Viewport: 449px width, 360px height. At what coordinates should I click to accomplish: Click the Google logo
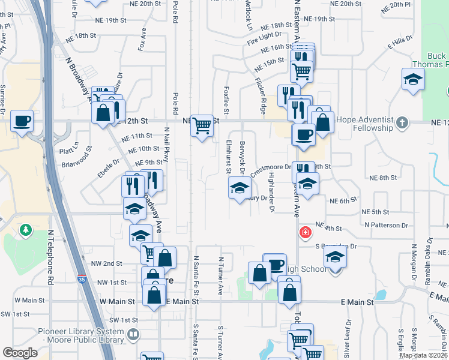20,352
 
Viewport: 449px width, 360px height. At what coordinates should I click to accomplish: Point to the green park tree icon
25,229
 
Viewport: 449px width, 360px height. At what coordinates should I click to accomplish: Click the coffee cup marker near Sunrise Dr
23,122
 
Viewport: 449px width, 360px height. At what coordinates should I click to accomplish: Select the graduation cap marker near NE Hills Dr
413,80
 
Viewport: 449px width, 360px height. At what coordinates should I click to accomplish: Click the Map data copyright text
422,355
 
